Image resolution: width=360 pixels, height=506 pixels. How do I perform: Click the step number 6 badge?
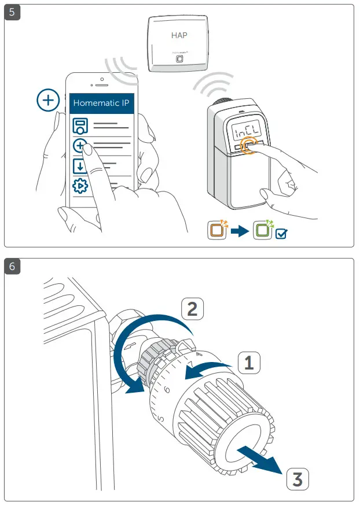click(x=12, y=266)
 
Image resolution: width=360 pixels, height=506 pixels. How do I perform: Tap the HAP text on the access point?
click(x=179, y=35)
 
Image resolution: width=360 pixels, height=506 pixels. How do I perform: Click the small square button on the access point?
click(x=179, y=59)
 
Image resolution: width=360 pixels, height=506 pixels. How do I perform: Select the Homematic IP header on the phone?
click(x=102, y=104)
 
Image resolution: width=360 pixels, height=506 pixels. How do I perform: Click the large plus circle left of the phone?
click(x=48, y=100)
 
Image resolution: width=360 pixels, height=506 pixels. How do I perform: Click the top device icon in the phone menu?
click(x=80, y=127)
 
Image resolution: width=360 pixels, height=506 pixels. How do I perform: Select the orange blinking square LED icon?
click(x=217, y=230)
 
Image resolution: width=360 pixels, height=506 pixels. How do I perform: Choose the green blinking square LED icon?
click(x=262, y=230)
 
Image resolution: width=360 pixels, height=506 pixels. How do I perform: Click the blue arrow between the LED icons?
click(x=239, y=231)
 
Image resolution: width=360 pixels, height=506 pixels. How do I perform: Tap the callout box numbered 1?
click(x=248, y=363)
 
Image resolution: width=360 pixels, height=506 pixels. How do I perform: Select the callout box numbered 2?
click(x=193, y=309)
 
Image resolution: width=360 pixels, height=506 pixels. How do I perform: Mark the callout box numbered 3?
click(x=297, y=478)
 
